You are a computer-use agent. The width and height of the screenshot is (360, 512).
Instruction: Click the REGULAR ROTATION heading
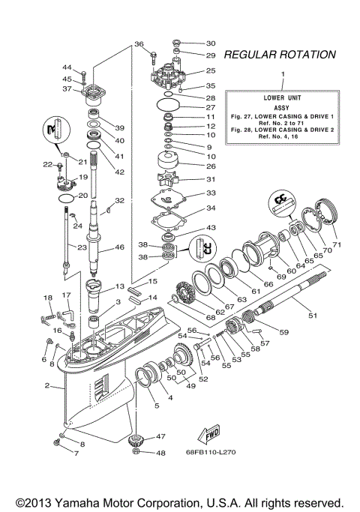coord(280,55)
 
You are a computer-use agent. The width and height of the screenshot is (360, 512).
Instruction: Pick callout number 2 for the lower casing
coord(47,386)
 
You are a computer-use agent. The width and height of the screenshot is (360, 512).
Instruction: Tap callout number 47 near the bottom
coord(160,436)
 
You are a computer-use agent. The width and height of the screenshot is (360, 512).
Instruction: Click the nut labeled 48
coord(137,452)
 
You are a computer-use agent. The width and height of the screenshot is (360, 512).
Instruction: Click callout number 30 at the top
coord(211,43)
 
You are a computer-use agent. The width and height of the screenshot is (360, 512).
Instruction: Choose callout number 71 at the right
coord(336,245)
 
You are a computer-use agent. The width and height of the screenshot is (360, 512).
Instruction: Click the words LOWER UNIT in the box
coord(283,98)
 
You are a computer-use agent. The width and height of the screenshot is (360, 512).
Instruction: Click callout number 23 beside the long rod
coord(60,247)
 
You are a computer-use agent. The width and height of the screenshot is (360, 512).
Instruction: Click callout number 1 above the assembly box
coord(283,75)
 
